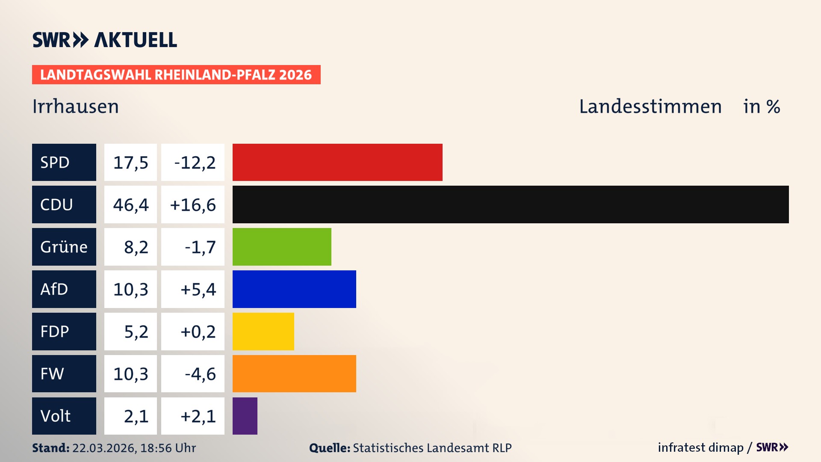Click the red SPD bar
tap(337, 162)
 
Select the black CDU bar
tap(511, 204)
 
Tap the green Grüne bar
tap(282, 247)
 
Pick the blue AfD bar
tap(294, 289)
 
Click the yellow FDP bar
tap(263, 332)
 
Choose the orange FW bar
tap(294, 373)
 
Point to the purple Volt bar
tap(245, 416)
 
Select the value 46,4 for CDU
tap(130, 204)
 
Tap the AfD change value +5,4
tap(198, 289)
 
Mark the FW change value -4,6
tap(200, 374)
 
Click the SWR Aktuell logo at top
tap(105, 40)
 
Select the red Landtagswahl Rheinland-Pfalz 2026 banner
tap(176, 75)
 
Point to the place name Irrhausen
tap(76, 107)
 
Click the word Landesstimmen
tap(650, 107)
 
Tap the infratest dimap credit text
tap(700, 447)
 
